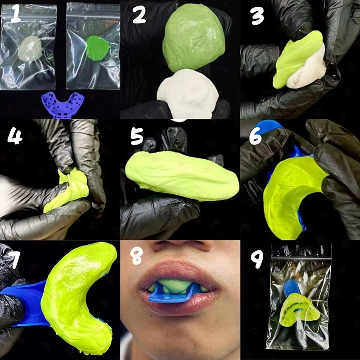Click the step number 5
coord(137,136)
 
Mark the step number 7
coord(14,260)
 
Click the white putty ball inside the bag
coord(30,49)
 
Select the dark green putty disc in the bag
coord(97,48)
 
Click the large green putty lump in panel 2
coord(193,38)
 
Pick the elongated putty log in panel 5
coord(182,175)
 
